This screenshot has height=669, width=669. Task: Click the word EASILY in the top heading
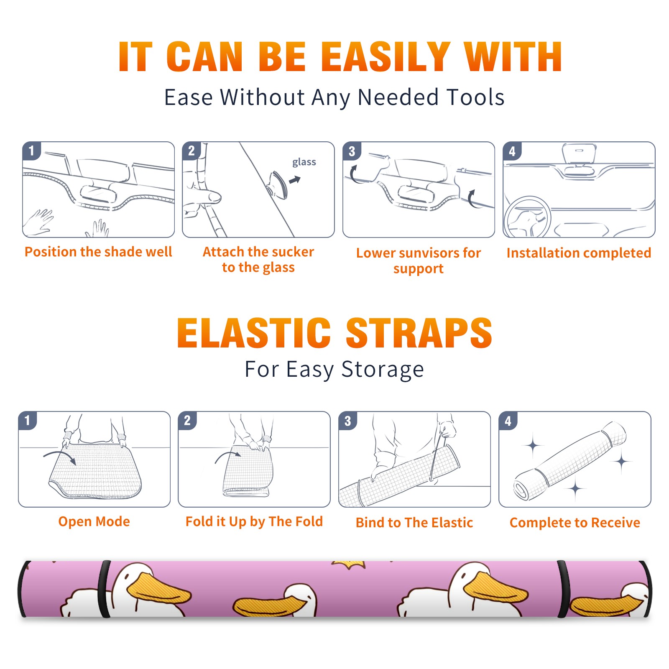pos(386,57)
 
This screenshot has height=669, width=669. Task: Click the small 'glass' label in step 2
pos(304,162)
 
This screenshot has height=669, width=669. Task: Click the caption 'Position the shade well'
pos(98,252)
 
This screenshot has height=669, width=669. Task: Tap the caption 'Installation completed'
pos(579,253)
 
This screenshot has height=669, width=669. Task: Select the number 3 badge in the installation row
pos(352,151)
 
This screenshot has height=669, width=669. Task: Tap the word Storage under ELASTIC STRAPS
pos(383,370)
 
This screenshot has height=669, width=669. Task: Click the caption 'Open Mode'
pos(94,521)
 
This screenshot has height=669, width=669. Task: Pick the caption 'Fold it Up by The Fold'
pos(254,521)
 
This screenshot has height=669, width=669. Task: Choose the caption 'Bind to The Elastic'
pos(414,523)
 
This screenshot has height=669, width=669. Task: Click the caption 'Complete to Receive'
pos(575,523)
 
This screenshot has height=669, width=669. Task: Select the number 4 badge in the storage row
pos(508,421)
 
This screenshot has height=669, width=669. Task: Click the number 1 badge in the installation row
pos(31,151)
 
